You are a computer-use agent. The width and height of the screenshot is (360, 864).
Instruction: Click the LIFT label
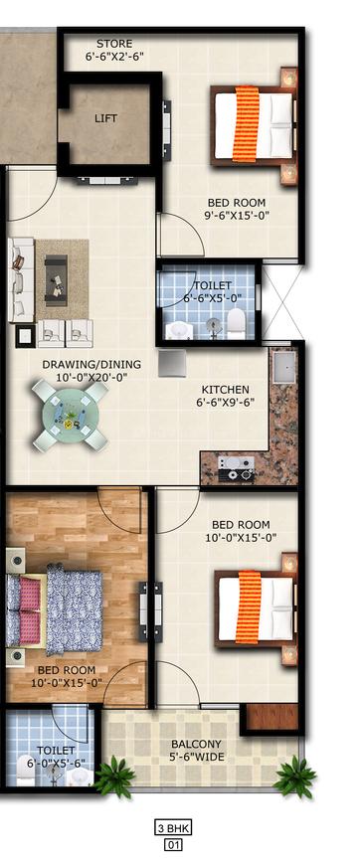(x=105, y=118)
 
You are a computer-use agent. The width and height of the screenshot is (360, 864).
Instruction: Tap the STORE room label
(x=114, y=43)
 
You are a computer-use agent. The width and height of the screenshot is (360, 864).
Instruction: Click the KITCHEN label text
(x=226, y=390)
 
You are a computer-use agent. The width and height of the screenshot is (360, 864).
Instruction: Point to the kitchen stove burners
(x=237, y=468)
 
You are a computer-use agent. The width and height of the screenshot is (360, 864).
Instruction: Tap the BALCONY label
(x=196, y=744)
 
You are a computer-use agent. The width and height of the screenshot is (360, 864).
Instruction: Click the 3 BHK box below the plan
(x=174, y=827)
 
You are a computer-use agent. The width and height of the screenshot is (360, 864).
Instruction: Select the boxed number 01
(x=174, y=843)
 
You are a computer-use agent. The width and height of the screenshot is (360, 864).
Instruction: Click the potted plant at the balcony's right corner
(x=295, y=776)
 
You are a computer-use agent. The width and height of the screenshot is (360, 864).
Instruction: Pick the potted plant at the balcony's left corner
(x=114, y=778)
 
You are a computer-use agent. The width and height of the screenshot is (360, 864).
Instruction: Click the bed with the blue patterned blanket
(x=55, y=611)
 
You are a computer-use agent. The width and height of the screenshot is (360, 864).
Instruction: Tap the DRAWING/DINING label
(x=91, y=364)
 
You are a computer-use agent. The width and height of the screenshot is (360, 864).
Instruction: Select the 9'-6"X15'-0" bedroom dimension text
(x=236, y=215)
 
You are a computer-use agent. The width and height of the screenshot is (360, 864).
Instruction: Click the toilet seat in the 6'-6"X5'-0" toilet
(x=236, y=322)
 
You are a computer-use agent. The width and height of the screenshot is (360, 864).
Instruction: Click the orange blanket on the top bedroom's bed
(x=247, y=123)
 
